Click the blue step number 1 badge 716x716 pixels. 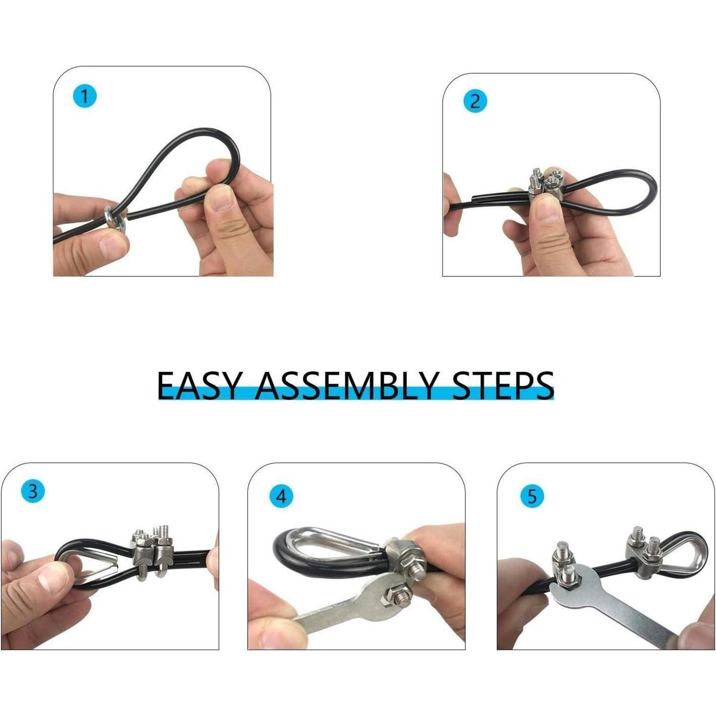84,96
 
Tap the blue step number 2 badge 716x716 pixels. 475,102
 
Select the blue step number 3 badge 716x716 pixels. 32,491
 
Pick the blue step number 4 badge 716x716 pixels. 282,496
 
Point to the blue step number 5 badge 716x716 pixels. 532,496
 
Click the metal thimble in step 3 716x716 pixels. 91,566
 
